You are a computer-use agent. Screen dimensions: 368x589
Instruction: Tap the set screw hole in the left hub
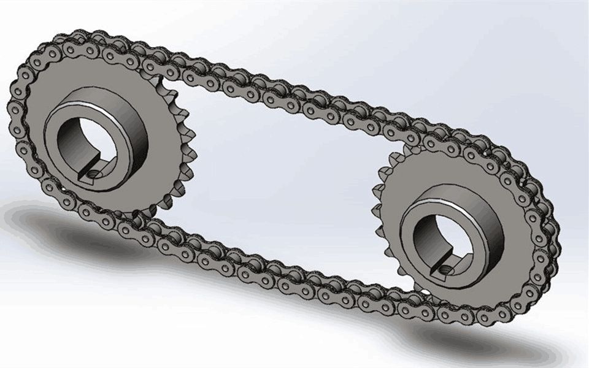pyautogui.click(x=93, y=174)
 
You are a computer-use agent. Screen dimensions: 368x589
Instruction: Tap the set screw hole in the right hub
pyautogui.click(x=443, y=268)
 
